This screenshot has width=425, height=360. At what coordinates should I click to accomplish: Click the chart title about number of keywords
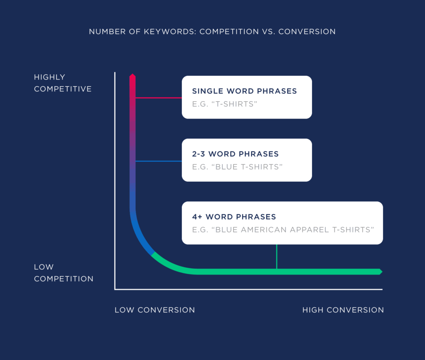coord(212,32)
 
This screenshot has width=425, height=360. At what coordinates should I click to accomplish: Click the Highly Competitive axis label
coord(63,83)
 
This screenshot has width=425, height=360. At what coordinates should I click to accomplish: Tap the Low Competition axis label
coord(64,273)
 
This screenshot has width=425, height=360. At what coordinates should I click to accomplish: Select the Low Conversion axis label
coord(155,310)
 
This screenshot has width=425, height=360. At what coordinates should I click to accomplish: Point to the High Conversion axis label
coord(343,310)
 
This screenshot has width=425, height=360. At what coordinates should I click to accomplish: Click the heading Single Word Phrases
coord(244,91)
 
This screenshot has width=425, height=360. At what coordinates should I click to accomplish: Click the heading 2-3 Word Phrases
coord(235,154)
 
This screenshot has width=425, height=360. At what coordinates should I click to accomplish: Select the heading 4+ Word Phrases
coord(234,217)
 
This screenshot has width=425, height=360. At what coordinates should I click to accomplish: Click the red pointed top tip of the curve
coord(132,76)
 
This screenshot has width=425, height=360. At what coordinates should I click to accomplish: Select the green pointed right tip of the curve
coord(380,272)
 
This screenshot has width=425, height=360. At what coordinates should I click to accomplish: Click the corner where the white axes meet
coord(115,289)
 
